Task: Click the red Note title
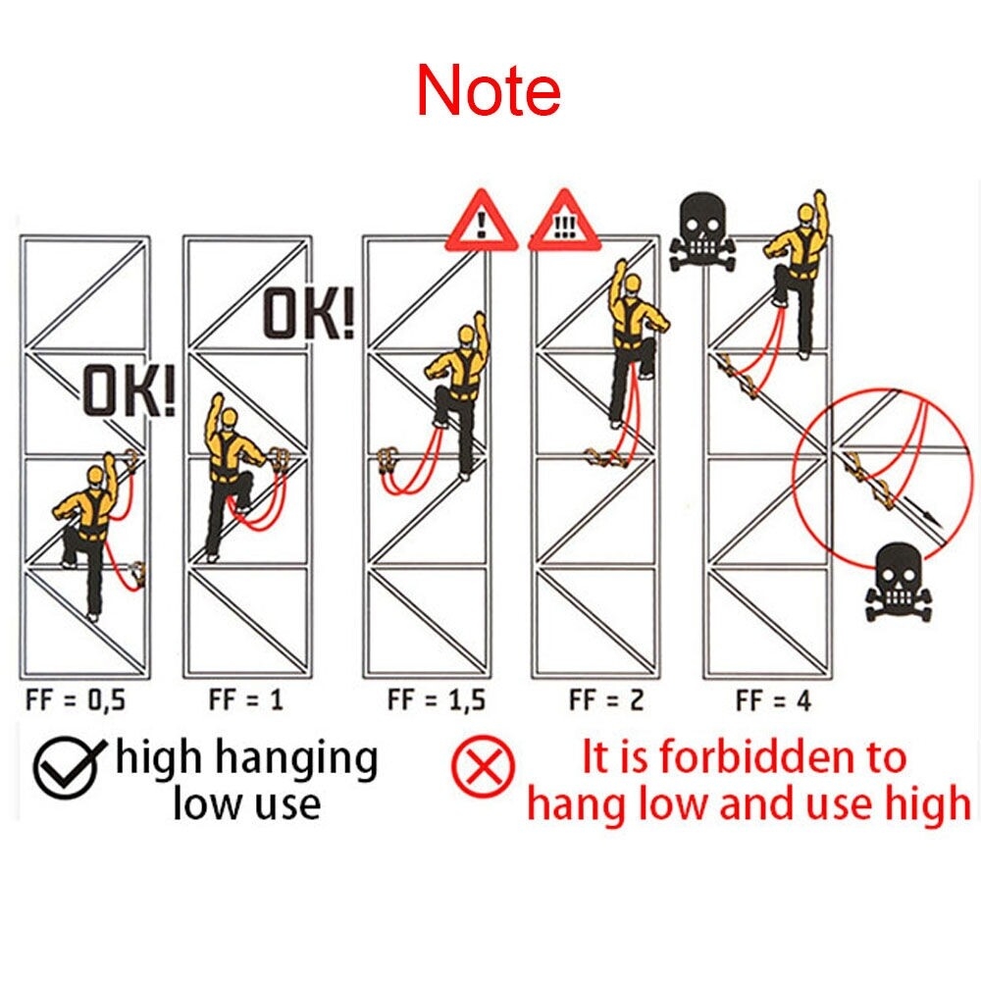pos(489,90)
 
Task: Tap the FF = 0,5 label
pos(76,699)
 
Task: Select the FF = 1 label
pos(246,698)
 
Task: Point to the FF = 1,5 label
pos(437,699)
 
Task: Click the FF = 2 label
pos(606,699)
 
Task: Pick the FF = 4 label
pos(773,700)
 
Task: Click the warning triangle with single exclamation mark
pos(481,222)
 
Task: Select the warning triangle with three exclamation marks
pos(564,222)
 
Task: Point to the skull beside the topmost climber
pos(702,232)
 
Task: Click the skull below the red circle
pos(898,583)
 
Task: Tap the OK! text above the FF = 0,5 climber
pos(129,391)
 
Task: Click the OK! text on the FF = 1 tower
pos(308,313)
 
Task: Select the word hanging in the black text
pos(297,758)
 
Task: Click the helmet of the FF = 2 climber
pos(633,284)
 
